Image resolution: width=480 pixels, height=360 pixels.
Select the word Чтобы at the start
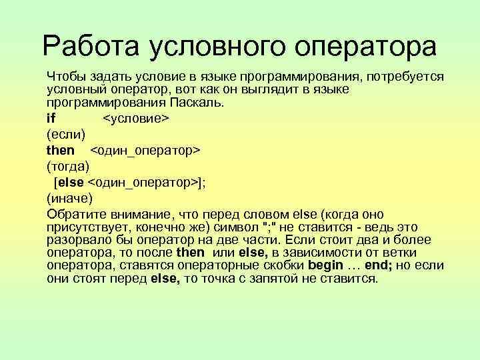pyautogui.click(x=65, y=76)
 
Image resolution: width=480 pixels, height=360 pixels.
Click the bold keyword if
pyautogui.click(x=51, y=118)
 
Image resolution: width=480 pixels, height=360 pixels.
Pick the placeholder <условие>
pyautogui.click(x=137, y=118)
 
